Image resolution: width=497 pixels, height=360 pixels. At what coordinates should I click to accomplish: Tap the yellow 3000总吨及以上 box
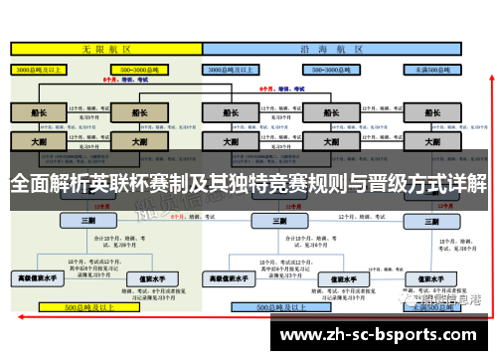tap(37, 71)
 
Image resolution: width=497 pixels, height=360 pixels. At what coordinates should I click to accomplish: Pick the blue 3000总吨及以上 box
tap(231, 71)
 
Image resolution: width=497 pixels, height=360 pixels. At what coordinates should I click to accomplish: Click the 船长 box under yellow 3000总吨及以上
tap(37, 113)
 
